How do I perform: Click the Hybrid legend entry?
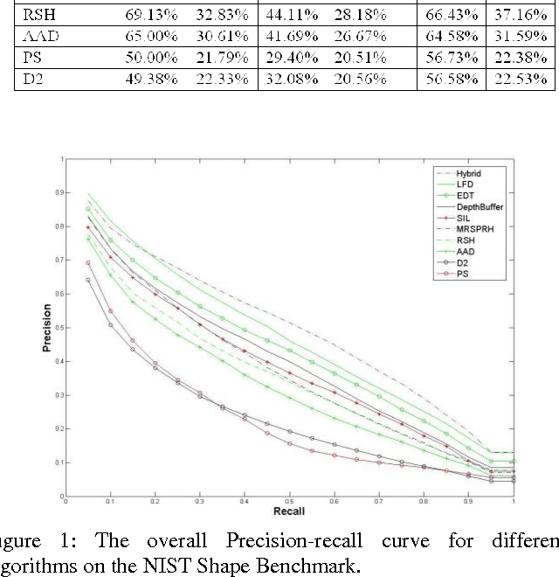point(468,173)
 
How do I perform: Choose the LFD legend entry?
point(464,184)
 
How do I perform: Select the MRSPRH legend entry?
point(473,229)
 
